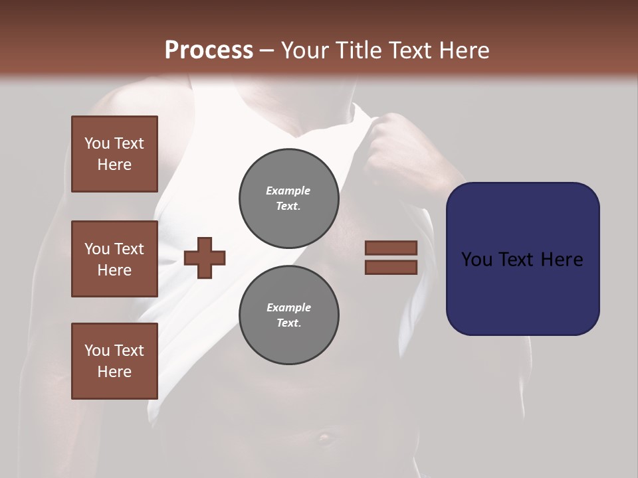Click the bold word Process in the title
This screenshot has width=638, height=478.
pyautogui.click(x=209, y=50)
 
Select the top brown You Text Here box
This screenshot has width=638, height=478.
pyautogui.click(x=114, y=154)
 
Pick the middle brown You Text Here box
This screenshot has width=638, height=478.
pyautogui.click(x=114, y=259)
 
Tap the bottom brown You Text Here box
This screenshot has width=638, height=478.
pyautogui.click(x=114, y=360)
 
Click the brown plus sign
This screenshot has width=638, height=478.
pyautogui.click(x=205, y=257)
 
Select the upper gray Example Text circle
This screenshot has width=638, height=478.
pyautogui.click(x=288, y=198)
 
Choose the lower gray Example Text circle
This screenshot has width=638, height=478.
pyautogui.click(x=288, y=315)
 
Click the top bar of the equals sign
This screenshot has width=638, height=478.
pyautogui.click(x=391, y=248)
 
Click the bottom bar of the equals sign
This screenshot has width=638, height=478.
pyautogui.click(x=391, y=267)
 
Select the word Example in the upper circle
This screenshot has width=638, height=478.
pyautogui.click(x=288, y=191)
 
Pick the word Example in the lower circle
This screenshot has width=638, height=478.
pyautogui.click(x=288, y=307)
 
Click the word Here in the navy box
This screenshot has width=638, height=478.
pyautogui.click(x=562, y=260)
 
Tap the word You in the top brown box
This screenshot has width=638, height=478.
pyautogui.click(x=97, y=143)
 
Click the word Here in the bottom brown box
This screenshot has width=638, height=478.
pyautogui.click(x=114, y=372)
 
